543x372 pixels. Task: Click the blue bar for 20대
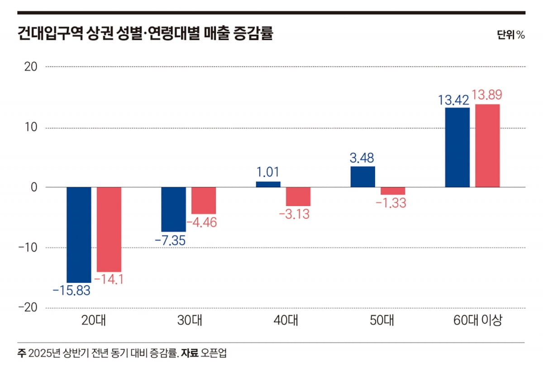tap(79, 235)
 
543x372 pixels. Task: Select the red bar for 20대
tap(109, 229)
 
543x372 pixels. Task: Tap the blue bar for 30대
tap(174, 209)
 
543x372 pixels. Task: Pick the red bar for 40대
tap(298, 197)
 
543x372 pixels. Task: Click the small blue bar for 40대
tap(268, 184)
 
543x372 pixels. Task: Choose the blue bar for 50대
tap(363, 177)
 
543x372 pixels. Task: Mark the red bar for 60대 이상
tap(487, 146)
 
